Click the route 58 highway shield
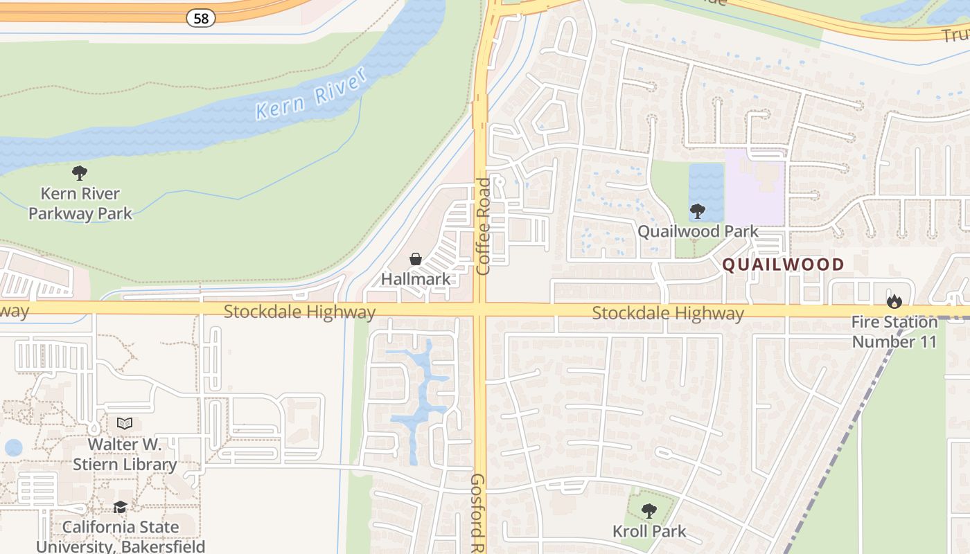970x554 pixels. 201,19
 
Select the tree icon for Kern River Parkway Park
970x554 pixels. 80,173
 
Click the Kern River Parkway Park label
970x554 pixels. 80,204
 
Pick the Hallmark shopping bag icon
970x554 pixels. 416,260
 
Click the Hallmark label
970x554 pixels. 416,279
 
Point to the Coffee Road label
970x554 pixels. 483,226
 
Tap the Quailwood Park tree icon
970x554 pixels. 698,211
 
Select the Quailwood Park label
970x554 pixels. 698,231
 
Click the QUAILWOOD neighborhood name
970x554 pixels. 784,264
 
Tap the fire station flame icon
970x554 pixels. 894,301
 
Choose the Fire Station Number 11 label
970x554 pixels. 894,332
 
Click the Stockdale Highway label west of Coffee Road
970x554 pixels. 299,312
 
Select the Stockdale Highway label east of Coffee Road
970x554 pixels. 668,314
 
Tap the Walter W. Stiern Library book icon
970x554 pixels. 125,423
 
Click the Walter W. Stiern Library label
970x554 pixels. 125,454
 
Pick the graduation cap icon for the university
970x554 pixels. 121,508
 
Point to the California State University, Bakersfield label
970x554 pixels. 121,537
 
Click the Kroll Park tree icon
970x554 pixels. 649,511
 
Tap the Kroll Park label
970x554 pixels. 649,531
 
